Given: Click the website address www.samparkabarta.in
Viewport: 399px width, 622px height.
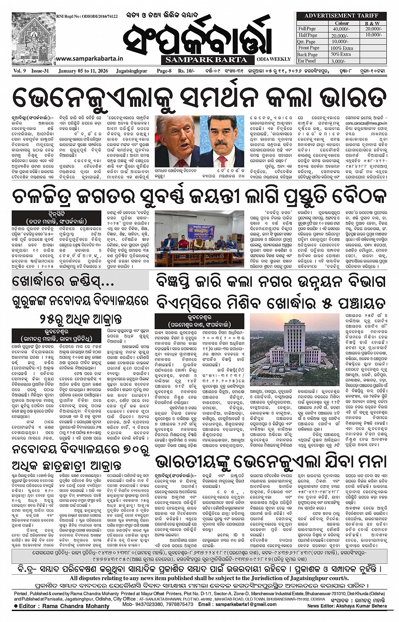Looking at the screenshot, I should [89, 59].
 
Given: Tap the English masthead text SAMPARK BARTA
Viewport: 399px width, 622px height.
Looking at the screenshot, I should [206, 59].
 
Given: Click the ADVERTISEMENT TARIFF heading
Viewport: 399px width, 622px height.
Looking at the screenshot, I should [341, 16].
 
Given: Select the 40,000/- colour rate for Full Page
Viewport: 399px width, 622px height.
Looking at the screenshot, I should [341, 29].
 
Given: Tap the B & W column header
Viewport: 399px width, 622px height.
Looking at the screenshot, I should [372, 23].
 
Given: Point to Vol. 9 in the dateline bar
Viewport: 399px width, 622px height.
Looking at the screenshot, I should [19, 71].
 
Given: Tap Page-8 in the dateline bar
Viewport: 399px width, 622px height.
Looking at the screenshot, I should [164, 71].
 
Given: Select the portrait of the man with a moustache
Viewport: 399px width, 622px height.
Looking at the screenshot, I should [222, 141].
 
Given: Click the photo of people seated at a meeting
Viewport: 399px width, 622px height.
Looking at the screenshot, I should [199, 238].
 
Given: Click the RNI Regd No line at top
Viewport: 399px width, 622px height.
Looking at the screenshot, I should [87, 16].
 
